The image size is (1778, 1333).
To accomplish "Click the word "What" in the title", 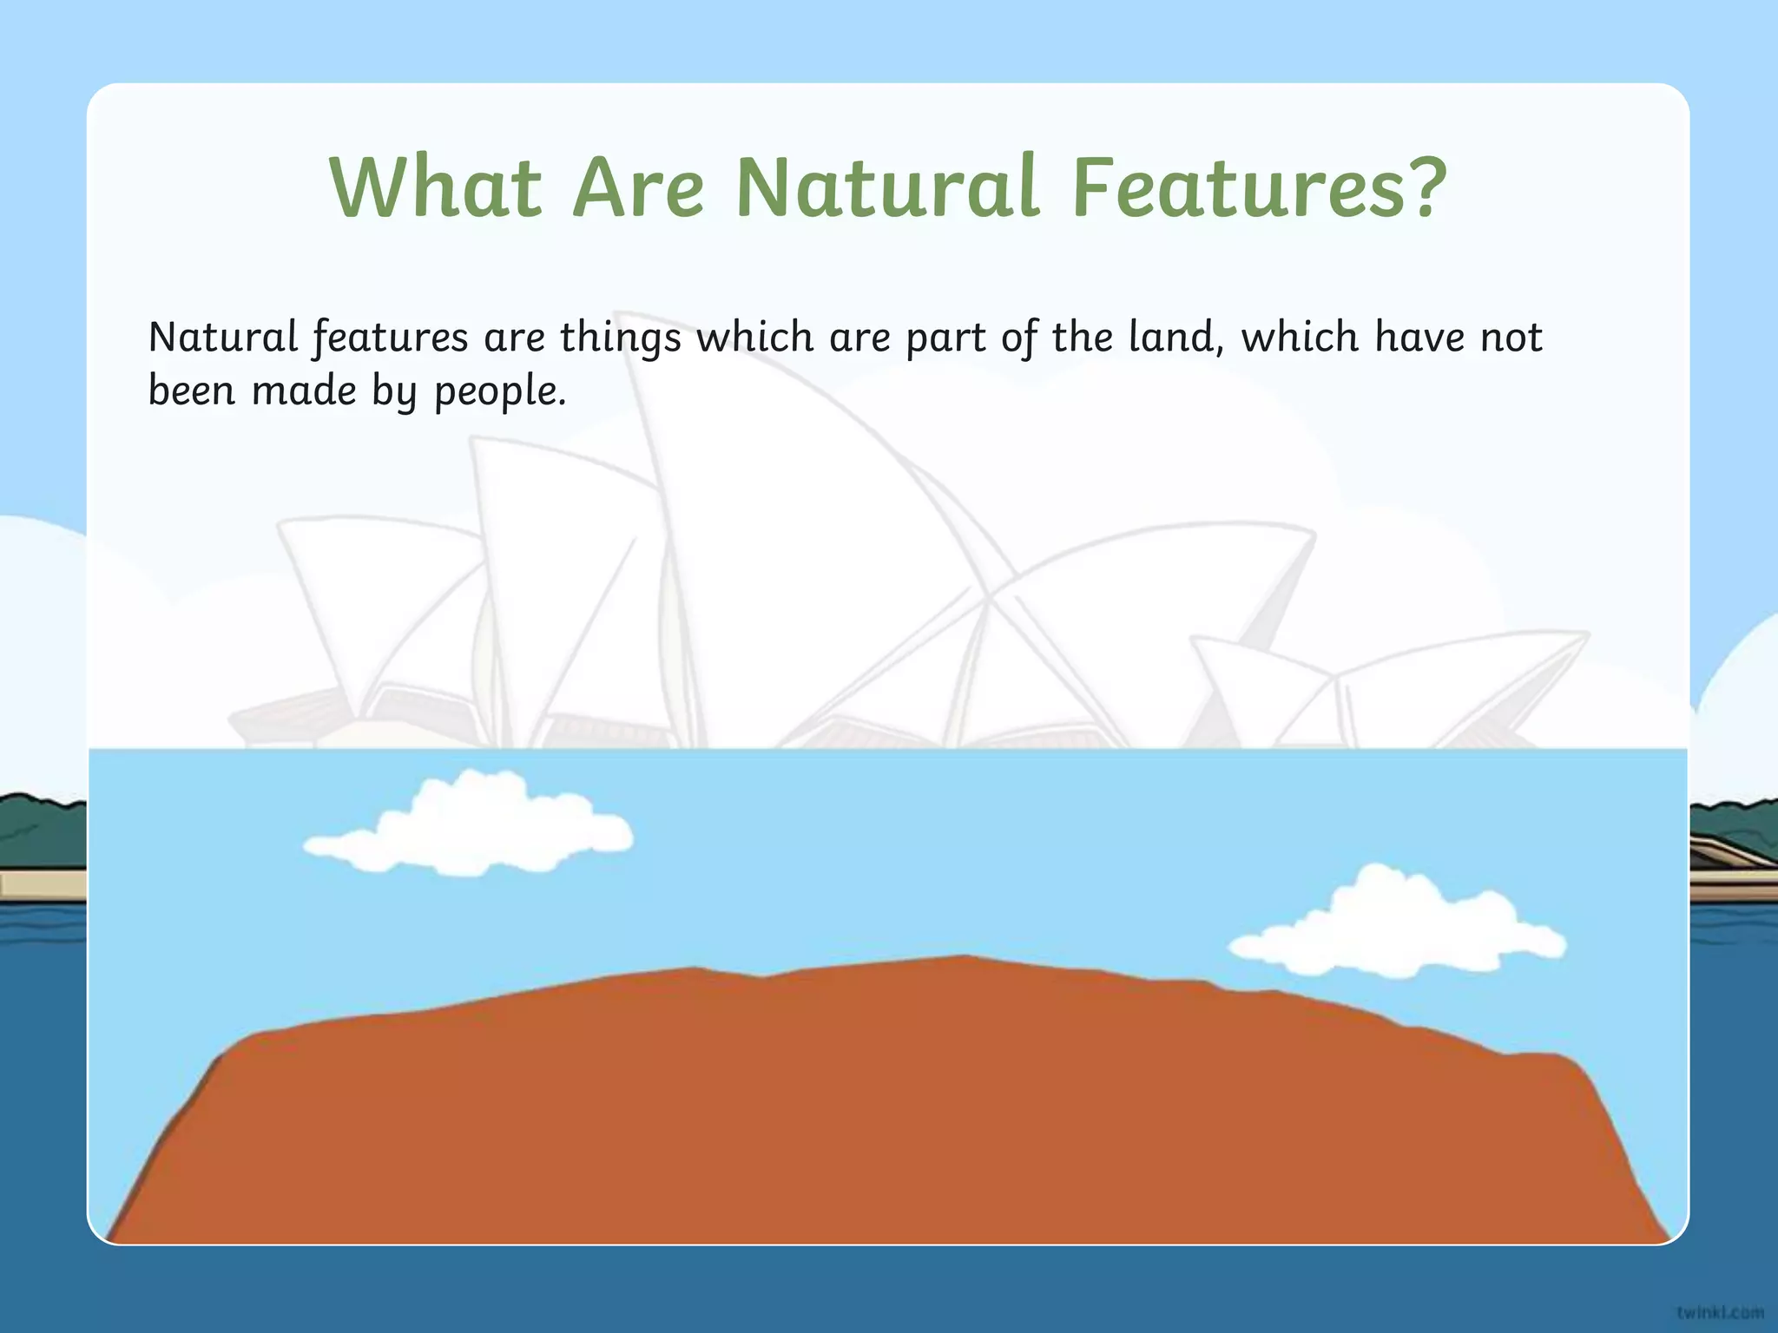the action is pos(436,187).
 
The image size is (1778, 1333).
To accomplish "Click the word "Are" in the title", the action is pos(639,187).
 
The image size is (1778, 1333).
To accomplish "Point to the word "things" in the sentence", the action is pos(621,338).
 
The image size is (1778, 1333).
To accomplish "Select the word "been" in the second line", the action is pos(192,391).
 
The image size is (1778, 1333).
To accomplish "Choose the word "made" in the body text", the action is pos(304,391).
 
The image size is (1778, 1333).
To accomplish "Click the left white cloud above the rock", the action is pos(469,824).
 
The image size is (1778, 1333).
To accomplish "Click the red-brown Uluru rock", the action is pos(886,1120).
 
